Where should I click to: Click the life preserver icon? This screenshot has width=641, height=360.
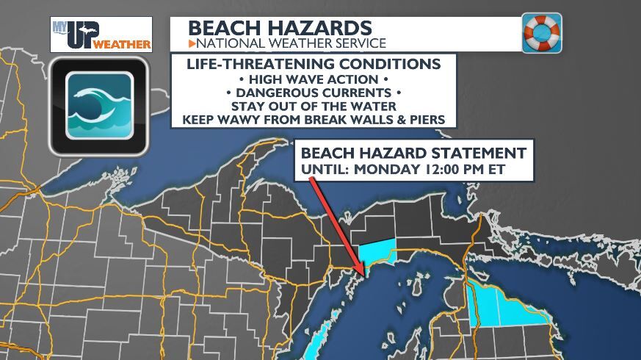542,33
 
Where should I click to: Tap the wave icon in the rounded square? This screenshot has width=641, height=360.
100,106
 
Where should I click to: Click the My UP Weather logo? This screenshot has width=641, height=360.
101,34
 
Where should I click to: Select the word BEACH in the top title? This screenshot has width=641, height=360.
223,28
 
